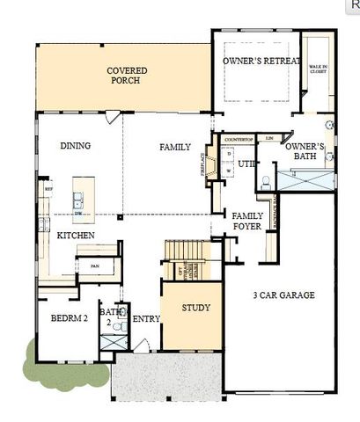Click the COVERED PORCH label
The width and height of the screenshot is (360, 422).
tap(127, 75)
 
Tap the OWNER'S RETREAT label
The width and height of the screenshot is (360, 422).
tap(255, 60)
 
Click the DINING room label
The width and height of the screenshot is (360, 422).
tap(76, 146)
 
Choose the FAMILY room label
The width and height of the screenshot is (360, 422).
tap(175, 147)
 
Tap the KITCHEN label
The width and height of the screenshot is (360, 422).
tap(75, 236)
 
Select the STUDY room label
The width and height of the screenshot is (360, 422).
tap(195, 308)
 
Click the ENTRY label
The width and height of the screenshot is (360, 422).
tap(146, 318)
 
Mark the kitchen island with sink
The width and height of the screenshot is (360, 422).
tap(84, 200)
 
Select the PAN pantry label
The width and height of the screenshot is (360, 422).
tap(93, 265)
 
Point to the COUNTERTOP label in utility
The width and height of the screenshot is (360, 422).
tap(239, 140)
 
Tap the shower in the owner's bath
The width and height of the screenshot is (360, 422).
tap(305, 179)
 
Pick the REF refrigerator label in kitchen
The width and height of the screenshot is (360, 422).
tap(48, 187)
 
